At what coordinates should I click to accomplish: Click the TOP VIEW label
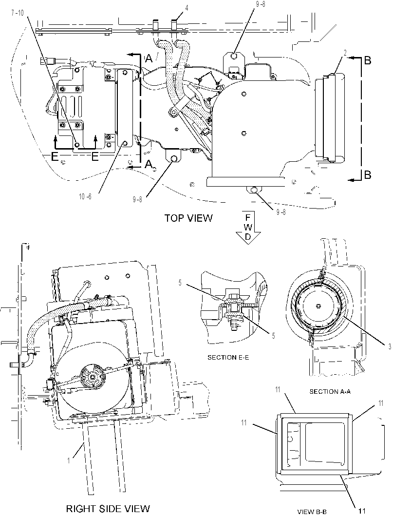[x=188, y=218]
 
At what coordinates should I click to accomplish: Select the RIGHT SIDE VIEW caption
[x=108, y=508]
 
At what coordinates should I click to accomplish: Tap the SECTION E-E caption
[x=228, y=357]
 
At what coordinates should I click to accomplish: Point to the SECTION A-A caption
[x=330, y=391]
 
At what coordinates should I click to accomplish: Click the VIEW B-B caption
[x=312, y=512]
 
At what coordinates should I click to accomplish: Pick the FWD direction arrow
[x=248, y=228]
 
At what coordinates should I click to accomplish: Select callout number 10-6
[x=85, y=196]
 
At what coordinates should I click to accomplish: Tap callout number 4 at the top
[x=187, y=8]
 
